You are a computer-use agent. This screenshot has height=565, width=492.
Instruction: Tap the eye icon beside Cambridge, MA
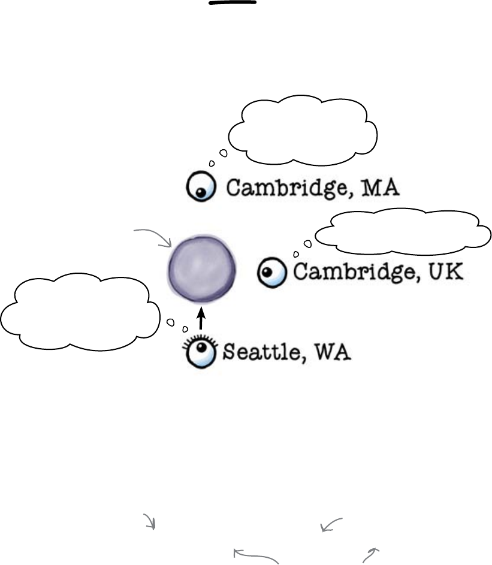click(x=198, y=188)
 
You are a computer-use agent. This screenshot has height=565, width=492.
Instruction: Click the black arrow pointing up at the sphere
click(x=201, y=318)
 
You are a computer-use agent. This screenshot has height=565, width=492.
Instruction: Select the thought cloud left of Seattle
click(x=80, y=310)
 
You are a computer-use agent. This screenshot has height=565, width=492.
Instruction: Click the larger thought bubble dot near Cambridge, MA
click(x=223, y=153)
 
